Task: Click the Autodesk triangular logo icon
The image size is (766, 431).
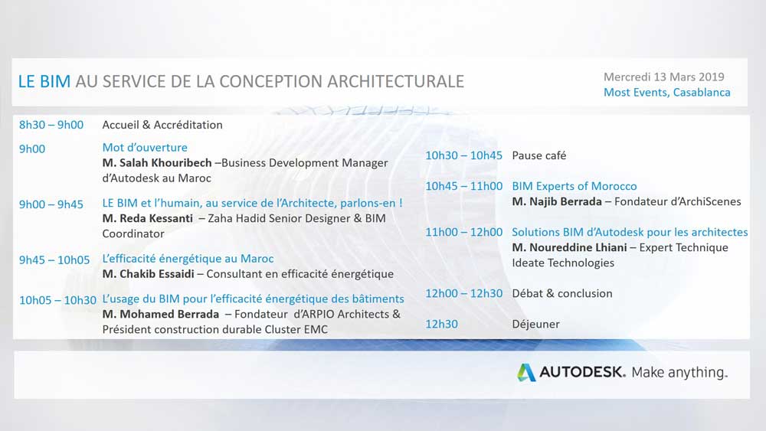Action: tap(526, 372)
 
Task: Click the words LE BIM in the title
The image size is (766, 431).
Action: tap(44, 81)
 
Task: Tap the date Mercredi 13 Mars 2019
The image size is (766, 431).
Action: tap(664, 77)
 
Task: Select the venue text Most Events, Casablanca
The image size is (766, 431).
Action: tap(667, 93)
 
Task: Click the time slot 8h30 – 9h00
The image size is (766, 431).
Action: tap(51, 125)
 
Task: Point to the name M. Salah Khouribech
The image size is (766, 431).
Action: tap(157, 162)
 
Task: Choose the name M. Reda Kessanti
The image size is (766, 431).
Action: tap(148, 218)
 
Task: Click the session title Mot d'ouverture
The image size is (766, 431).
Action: tap(145, 148)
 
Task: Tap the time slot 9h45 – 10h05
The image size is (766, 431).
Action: tap(54, 260)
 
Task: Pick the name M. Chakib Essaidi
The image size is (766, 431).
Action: tap(148, 274)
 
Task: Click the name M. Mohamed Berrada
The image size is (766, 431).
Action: tap(161, 314)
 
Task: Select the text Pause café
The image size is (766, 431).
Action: tap(538, 155)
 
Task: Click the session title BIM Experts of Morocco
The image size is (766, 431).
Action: tap(574, 186)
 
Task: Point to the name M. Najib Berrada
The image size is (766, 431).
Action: tap(557, 201)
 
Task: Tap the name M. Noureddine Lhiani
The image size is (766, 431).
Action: tap(569, 247)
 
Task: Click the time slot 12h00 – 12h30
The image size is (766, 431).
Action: tap(463, 293)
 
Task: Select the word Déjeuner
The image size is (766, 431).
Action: tap(536, 324)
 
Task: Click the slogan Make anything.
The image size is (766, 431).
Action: tap(679, 372)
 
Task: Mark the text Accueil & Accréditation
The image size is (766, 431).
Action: tap(162, 125)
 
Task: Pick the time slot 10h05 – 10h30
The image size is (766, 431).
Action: tap(57, 300)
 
